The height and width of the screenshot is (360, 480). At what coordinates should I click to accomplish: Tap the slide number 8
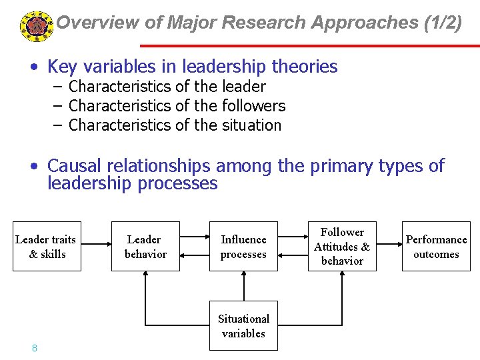[34, 348]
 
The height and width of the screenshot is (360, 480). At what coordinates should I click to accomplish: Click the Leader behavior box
[145, 247]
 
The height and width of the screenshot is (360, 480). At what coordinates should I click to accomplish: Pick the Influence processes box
[243, 247]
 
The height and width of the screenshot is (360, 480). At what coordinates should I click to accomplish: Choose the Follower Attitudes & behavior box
[342, 247]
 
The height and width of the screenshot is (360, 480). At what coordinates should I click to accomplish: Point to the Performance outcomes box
[436, 247]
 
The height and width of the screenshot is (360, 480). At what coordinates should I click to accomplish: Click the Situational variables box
[243, 326]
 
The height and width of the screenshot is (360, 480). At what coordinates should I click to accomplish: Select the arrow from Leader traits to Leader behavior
[95, 247]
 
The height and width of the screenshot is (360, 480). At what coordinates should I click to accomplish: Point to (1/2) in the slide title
[442, 23]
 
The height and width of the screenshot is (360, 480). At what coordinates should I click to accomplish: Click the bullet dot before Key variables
[32, 67]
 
